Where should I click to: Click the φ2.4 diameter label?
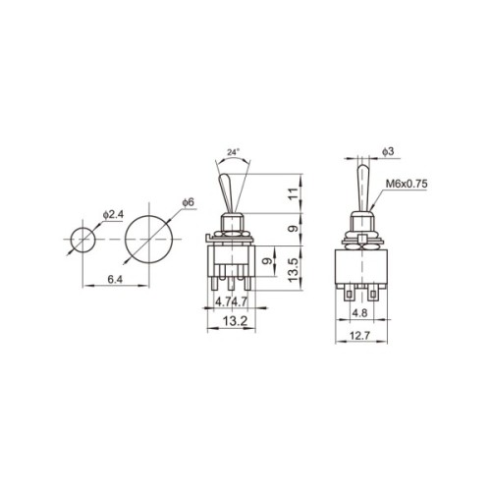[x=113, y=213]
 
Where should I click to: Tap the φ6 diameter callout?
[x=188, y=201]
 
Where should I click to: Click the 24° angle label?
[x=232, y=153]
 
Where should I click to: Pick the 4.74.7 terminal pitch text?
[x=231, y=301]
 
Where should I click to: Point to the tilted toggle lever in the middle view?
[x=224, y=186]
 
